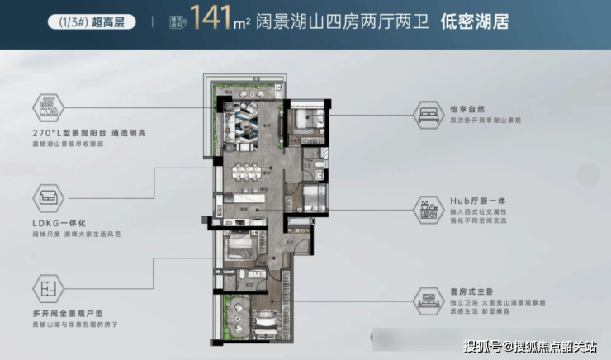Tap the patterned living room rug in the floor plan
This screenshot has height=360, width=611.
[x=248, y=122]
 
